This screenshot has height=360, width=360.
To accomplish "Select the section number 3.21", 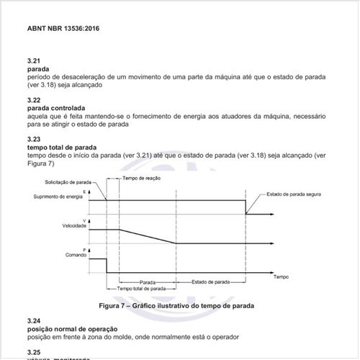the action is click(33, 62).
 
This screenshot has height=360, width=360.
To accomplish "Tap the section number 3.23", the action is click(33, 138).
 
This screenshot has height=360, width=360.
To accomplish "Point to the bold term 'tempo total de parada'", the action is click(61, 146).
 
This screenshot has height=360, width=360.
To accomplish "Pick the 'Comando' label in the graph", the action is click(75, 255).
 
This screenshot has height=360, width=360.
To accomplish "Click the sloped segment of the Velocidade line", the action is click(148, 237).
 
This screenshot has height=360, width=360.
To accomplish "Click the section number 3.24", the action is click(33, 320).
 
